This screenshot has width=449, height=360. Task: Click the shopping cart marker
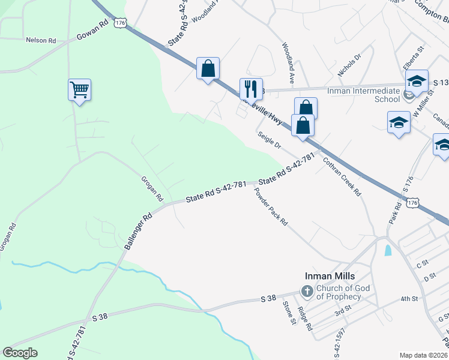79,91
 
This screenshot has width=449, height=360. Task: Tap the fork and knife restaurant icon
251,89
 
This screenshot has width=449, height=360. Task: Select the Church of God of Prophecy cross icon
307,292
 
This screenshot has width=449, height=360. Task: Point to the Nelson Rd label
40,40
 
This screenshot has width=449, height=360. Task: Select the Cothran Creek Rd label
341,177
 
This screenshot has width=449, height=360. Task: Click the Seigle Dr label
270,140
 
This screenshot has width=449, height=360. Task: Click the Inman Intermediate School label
363,95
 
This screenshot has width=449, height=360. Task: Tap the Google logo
20,353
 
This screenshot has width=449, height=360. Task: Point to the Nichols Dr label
349,65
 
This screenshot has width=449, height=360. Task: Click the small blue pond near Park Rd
387,250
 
